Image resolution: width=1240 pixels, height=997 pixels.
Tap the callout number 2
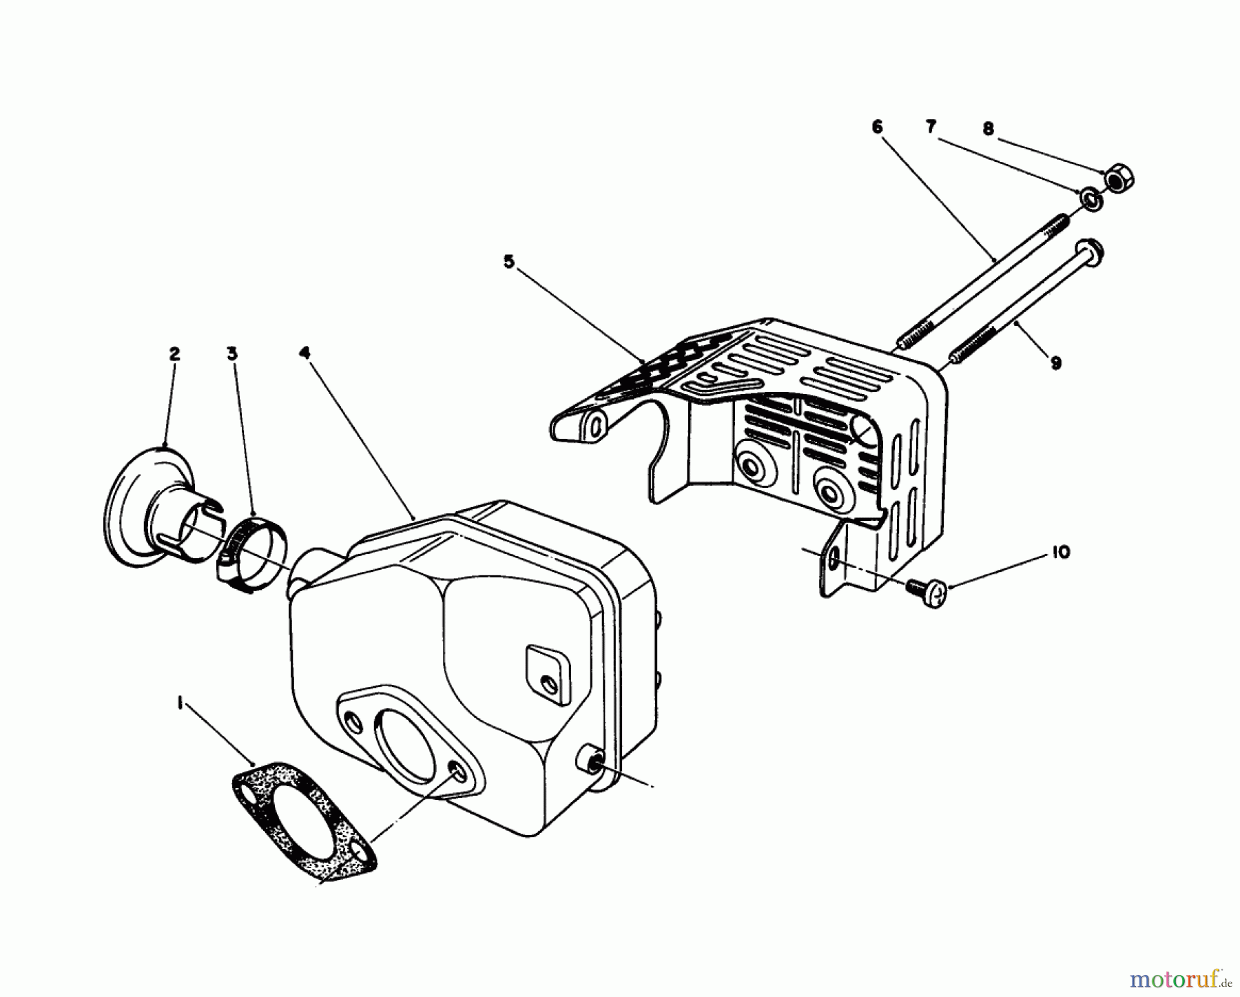174,353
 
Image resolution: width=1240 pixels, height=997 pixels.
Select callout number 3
232,353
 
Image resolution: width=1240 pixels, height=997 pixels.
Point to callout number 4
304,353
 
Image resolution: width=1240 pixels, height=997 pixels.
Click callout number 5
508,262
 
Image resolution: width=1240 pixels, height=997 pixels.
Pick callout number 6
877,127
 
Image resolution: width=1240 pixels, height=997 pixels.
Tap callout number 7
931,127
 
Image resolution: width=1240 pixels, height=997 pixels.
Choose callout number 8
989,128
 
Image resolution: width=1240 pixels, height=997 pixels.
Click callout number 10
1062,552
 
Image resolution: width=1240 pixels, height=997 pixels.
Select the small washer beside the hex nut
1091,200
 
